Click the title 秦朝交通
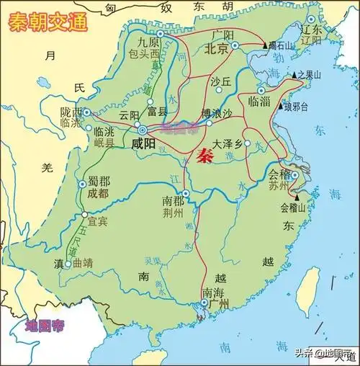[48, 22]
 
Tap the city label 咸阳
[144, 143]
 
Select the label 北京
[217, 49]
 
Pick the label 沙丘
[220, 81]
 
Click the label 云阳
[129, 115]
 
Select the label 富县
[157, 112]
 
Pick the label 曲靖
[84, 264]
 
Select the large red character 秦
[204, 156]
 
